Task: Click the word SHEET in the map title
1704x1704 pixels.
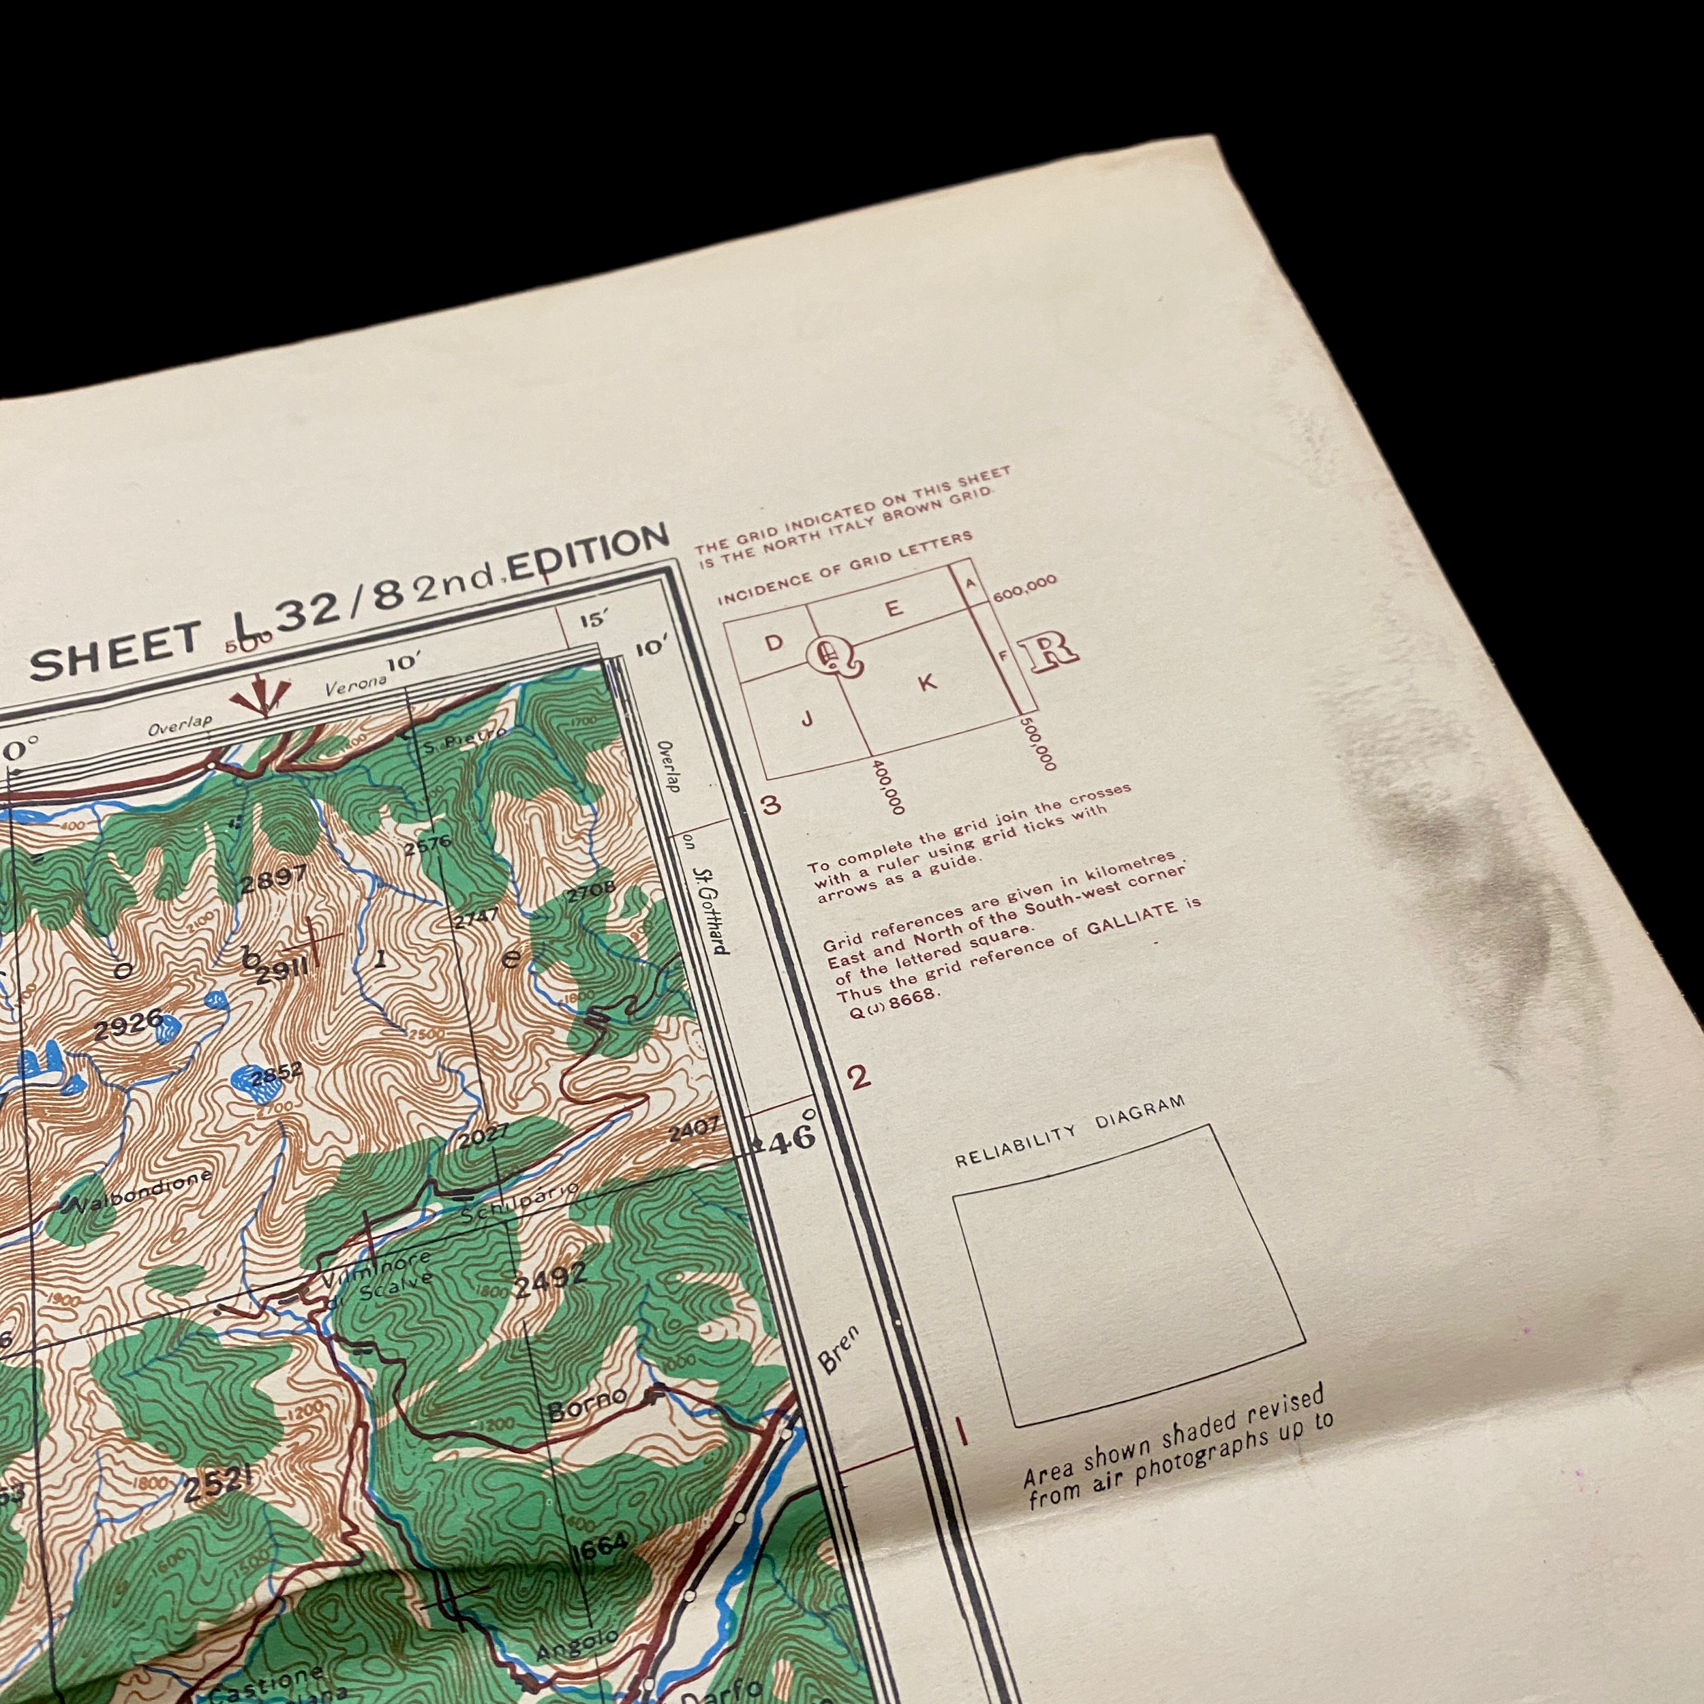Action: pyautogui.click(x=114, y=653)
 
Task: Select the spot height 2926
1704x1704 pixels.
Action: pyautogui.click(x=128, y=1029)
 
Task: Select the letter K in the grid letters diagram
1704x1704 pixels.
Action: pyautogui.click(x=926, y=682)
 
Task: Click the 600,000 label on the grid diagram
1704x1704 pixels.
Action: pyautogui.click(x=1025, y=588)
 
